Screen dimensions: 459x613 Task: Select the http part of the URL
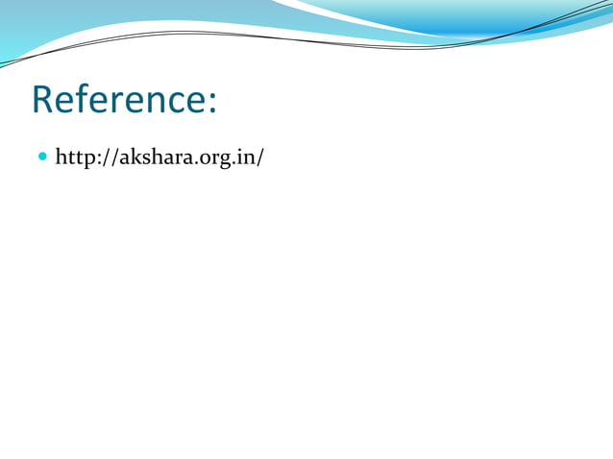(x=74, y=157)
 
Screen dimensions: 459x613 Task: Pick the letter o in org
(x=201, y=157)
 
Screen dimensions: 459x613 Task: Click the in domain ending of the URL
(x=244, y=157)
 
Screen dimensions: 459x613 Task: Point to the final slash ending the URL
(x=259, y=157)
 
